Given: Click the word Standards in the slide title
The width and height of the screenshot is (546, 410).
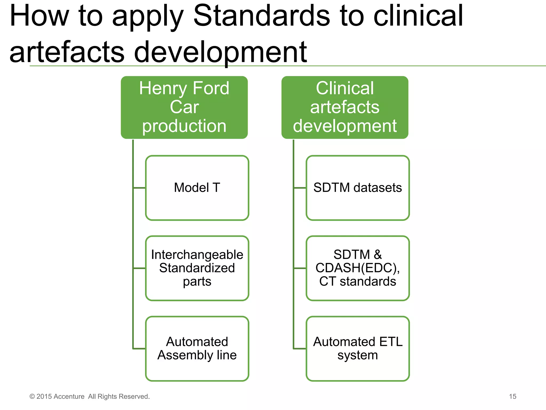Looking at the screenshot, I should pos(261,17).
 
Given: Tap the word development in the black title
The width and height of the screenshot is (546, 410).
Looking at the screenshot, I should pos(220,52).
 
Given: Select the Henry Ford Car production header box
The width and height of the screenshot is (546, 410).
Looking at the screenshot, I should pos(184,107).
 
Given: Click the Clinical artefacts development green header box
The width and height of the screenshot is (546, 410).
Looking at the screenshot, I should pos(345,107).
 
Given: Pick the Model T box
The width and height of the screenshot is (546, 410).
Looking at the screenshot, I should pos(197,188).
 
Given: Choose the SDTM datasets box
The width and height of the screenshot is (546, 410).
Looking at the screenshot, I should pos(358,188).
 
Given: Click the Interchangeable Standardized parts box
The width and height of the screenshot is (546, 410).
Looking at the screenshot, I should pos(197,268).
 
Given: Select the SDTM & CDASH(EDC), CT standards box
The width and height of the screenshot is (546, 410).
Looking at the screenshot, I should pos(358,268).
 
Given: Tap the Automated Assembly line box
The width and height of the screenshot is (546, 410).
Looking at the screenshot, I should pos(197,349).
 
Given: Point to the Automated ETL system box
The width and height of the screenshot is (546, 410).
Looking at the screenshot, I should pos(358,349).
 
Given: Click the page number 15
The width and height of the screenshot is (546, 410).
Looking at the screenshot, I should pos(512,396).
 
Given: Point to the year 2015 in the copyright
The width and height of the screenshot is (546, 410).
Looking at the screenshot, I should pos(44,396).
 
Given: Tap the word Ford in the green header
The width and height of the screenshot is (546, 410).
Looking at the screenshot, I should pos(211,88).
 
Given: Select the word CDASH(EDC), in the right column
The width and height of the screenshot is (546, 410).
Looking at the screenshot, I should pos(358,268).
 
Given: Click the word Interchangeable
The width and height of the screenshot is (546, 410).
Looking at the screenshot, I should pos(197,255).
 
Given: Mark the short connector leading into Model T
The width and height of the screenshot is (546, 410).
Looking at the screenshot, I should pos(139,188).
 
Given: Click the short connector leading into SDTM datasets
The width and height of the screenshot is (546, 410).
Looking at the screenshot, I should pos(300,188).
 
